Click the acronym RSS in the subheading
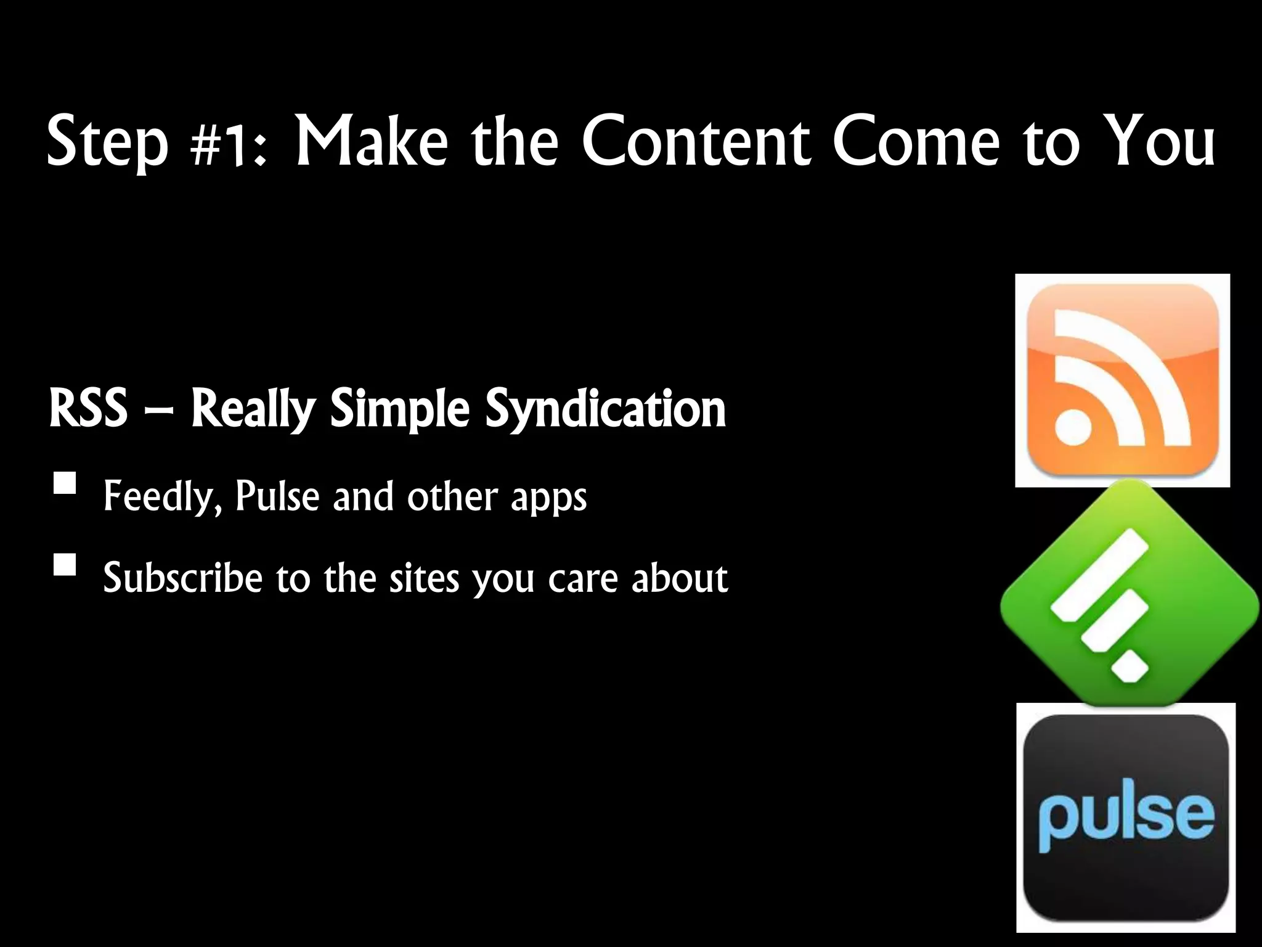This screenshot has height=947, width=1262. pos(88,408)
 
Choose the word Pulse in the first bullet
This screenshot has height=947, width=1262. pos(277,496)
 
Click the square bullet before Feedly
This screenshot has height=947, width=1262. pos(65,483)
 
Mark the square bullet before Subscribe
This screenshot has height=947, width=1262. pos(65,564)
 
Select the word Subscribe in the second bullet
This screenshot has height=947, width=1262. pos(182,578)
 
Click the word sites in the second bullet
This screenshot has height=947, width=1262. pos(424,579)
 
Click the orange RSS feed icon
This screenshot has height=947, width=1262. pos(1122,380)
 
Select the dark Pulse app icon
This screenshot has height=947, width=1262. pos(1125,817)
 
